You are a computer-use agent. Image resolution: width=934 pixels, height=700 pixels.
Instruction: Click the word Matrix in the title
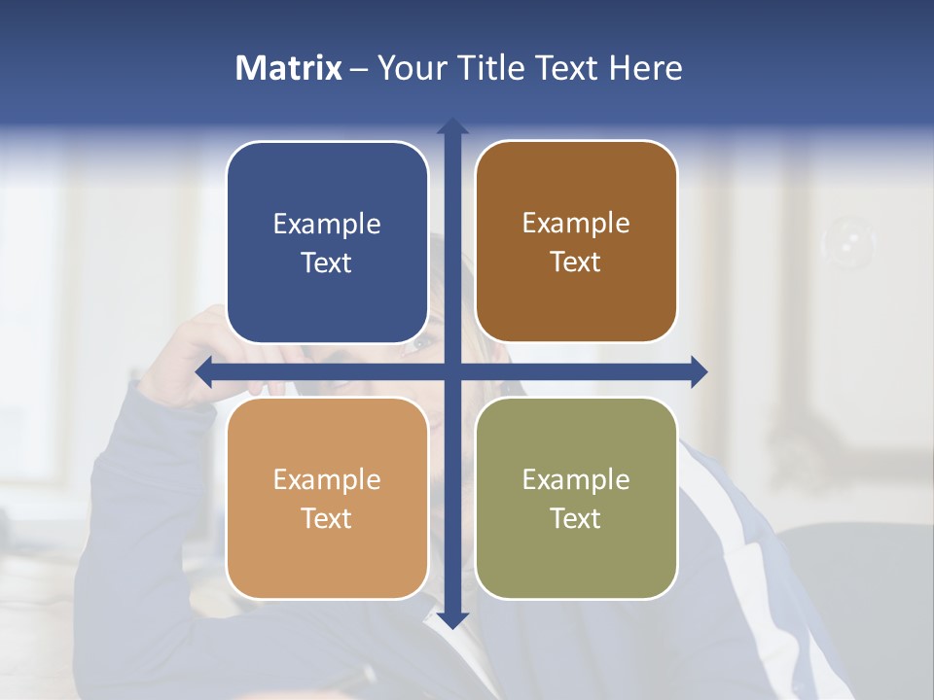289,68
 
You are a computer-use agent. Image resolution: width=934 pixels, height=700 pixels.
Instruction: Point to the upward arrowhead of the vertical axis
452,124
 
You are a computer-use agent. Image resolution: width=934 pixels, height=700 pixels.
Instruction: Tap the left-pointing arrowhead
203,371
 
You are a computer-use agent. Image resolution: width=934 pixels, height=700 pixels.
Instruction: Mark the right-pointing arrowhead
700,371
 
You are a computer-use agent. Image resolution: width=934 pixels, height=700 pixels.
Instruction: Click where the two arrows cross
452,371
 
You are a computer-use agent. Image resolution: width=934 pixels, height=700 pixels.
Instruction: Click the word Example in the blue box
327,225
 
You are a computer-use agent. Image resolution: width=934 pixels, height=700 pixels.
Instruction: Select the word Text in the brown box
576,262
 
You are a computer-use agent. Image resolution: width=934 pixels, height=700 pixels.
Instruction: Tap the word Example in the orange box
327,480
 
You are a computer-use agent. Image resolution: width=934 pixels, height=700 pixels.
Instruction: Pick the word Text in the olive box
576,518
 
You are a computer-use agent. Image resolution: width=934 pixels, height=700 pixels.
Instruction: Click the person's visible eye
420,342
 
